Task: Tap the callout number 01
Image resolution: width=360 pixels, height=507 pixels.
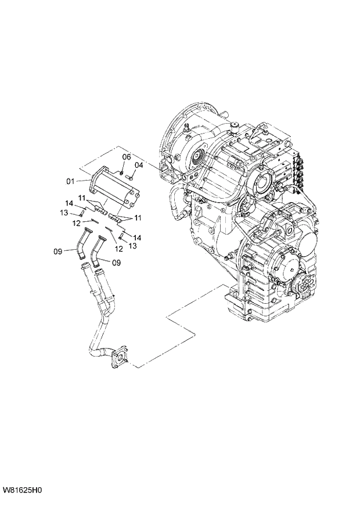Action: (70, 182)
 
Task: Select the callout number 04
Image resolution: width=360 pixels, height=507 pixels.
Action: (138, 166)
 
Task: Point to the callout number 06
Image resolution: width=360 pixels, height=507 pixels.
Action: (126, 157)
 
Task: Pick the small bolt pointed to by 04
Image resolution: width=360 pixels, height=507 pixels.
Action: (131, 178)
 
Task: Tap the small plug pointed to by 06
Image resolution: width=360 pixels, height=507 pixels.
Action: (120, 171)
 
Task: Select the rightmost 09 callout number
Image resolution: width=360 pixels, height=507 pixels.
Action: (116, 262)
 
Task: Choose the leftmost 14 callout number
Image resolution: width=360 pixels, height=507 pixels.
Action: (69, 203)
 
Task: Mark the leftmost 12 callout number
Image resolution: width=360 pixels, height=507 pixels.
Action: (75, 222)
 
